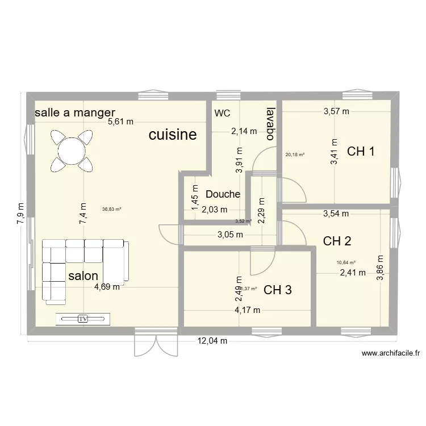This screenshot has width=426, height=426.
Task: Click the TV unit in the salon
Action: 83,319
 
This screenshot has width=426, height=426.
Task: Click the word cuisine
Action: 173,135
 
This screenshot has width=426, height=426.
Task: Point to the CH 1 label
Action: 361,151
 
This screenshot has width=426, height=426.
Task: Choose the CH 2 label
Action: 337,241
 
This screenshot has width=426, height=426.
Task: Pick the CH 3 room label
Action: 278,290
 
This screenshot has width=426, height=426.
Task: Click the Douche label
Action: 223,194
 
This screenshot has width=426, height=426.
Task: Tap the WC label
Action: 222,113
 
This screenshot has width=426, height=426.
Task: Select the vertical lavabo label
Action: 270,123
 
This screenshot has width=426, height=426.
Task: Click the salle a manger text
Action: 75,112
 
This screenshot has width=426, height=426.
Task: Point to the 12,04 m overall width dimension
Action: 212,341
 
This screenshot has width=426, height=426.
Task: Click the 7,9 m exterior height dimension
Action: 21,214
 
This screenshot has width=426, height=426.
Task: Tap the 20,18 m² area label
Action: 295,154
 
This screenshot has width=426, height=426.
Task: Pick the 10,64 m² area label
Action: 345,262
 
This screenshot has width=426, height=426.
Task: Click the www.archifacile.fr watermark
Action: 390,353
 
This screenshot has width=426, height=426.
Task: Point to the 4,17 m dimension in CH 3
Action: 248,310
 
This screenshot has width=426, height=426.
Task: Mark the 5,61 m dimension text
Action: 122,121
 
